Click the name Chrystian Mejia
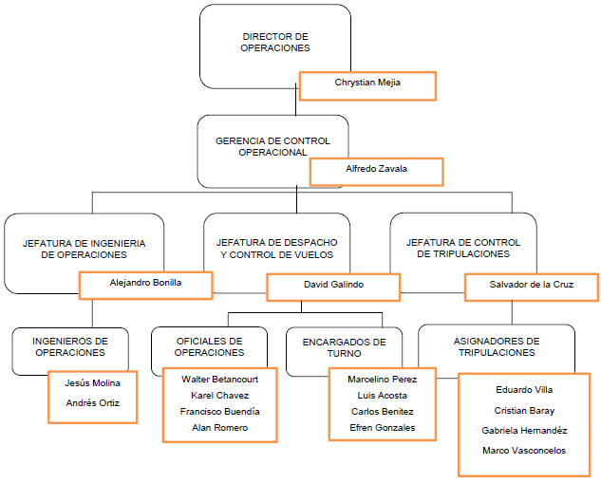[x=367, y=83]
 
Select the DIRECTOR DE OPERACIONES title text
[x=275, y=42]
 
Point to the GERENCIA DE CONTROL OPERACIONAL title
[x=272, y=146]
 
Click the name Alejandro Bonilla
[x=145, y=283]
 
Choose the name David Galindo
[x=332, y=284]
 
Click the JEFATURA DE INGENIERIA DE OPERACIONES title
[x=85, y=249]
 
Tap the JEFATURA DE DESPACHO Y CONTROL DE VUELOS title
[x=276, y=249]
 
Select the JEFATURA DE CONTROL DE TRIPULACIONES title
[x=463, y=249]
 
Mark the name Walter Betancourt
[x=219, y=378]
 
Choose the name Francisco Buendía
[x=219, y=412]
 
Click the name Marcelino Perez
[x=382, y=379]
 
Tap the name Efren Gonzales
[x=382, y=428]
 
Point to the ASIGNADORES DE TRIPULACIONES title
[x=496, y=346]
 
